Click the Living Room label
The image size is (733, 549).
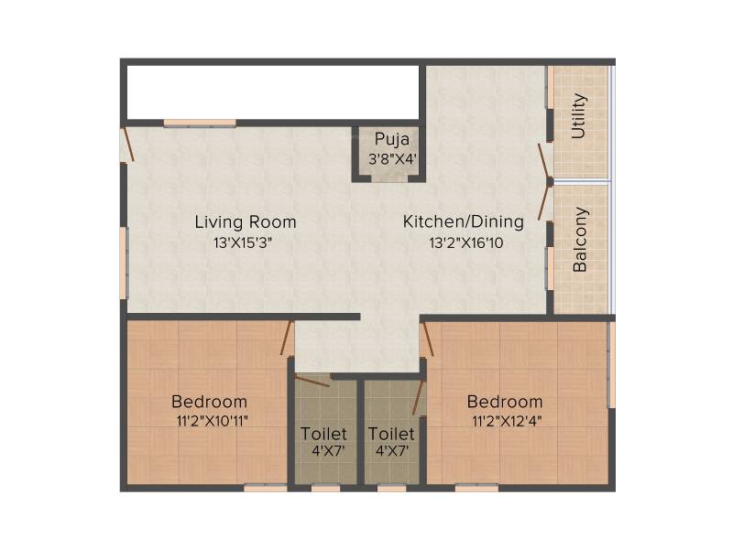click(246, 222)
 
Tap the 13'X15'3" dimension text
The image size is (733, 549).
click(243, 243)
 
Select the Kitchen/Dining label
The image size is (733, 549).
click(464, 221)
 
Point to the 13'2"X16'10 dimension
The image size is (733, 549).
click(466, 243)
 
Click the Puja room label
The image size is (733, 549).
click(392, 140)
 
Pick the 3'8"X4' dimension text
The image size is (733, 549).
click(392, 159)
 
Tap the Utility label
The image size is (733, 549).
click(579, 116)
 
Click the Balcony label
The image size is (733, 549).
click(580, 240)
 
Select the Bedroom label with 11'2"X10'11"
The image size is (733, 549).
click(209, 402)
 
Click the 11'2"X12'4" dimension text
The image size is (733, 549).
click(507, 422)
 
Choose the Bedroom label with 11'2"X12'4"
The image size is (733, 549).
click(505, 402)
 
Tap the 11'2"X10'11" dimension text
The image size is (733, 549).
click(212, 422)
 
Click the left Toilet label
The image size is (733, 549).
click(323, 434)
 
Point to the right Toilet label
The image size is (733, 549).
click(391, 434)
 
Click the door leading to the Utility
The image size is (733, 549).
click(544, 161)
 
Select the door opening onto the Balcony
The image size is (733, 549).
click(544, 201)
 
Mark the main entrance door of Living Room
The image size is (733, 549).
click(128, 145)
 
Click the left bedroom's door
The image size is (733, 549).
click(287, 338)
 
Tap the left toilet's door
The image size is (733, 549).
click(312, 380)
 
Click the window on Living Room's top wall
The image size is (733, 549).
click(200, 124)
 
